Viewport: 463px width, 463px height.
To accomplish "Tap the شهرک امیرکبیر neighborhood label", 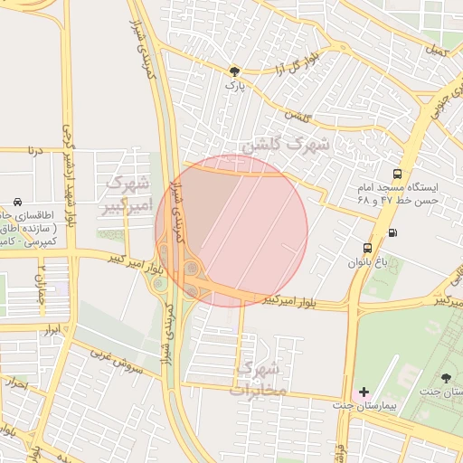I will point(125,195).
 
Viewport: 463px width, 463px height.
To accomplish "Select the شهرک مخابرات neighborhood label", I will point(257,379).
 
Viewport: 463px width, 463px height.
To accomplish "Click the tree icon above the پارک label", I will point(235,71).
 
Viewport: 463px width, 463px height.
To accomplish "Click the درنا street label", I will point(35,150).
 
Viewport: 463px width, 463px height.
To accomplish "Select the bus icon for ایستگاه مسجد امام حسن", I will point(397,175).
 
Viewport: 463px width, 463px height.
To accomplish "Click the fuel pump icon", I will point(392,231).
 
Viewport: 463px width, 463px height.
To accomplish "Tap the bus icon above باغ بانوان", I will point(367,247).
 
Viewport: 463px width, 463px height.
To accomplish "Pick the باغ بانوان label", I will point(367,263).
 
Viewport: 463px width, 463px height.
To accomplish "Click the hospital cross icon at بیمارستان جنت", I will point(364,392).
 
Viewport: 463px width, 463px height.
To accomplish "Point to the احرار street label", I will point(15,383).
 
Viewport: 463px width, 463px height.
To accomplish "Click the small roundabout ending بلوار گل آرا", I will point(341,47).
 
